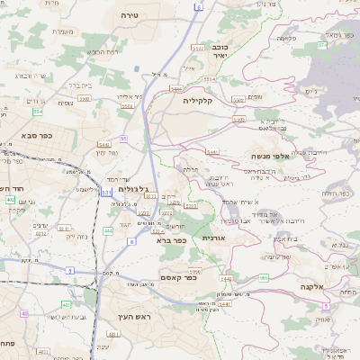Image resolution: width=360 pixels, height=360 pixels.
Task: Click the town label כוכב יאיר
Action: click(x=220, y=49)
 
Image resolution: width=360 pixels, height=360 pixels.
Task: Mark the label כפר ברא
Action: click(x=170, y=240)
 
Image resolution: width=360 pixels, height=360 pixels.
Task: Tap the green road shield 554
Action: click(x=38, y=112)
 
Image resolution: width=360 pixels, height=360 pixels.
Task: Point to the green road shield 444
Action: click(x=108, y=231)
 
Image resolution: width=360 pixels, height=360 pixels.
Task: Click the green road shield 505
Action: click(x=264, y=278)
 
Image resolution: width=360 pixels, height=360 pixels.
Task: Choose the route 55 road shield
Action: click(x=122, y=139)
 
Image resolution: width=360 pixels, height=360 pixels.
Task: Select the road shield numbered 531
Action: click(x=107, y=192)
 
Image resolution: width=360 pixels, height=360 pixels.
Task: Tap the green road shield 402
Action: click(x=10, y=200)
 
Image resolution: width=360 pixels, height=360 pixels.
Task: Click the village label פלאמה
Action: click(x=286, y=38)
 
